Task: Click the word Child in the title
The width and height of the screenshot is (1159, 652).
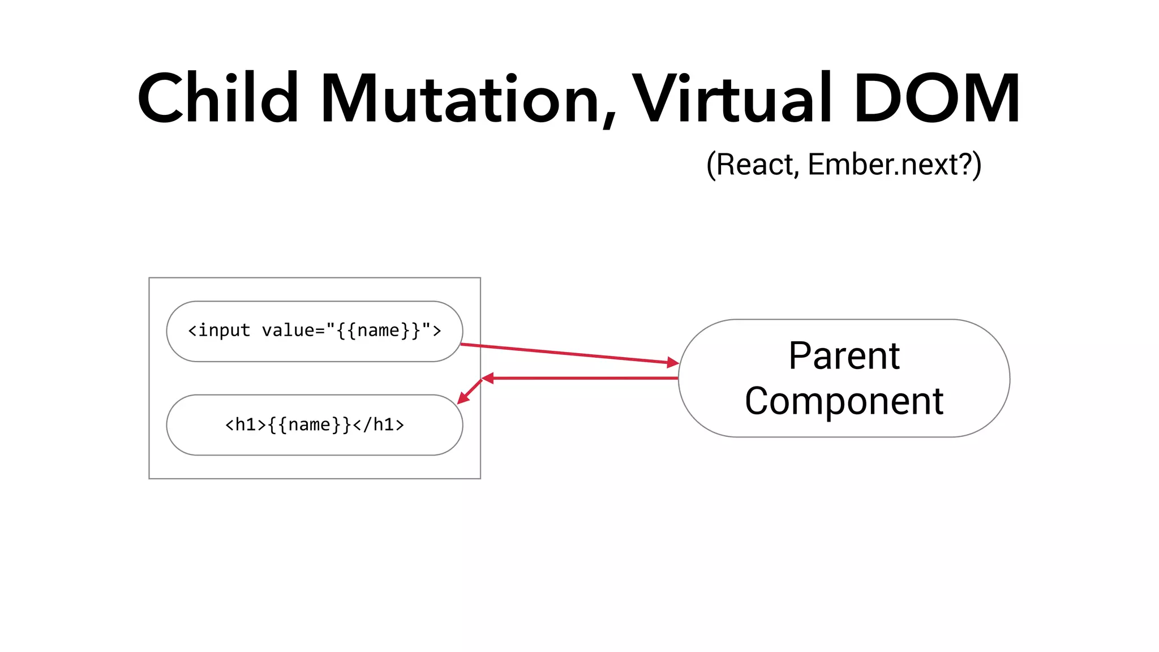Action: point(218,99)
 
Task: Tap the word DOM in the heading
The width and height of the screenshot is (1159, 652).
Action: point(937,99)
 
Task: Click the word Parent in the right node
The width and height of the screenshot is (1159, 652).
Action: point(844,356)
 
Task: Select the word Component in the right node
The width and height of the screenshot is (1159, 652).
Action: point(844,401)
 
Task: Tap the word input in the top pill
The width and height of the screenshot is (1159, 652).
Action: point(224,331)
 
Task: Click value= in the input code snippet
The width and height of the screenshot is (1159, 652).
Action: point(293,331)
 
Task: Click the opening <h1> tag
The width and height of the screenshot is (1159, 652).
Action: point(246,424)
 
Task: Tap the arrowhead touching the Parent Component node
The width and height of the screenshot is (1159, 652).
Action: point(673,362)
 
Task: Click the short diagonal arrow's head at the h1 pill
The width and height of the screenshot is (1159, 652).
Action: point(462,399)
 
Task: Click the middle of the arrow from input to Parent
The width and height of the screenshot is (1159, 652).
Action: point(569,353)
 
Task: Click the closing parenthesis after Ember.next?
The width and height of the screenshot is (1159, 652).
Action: point(977,166)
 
